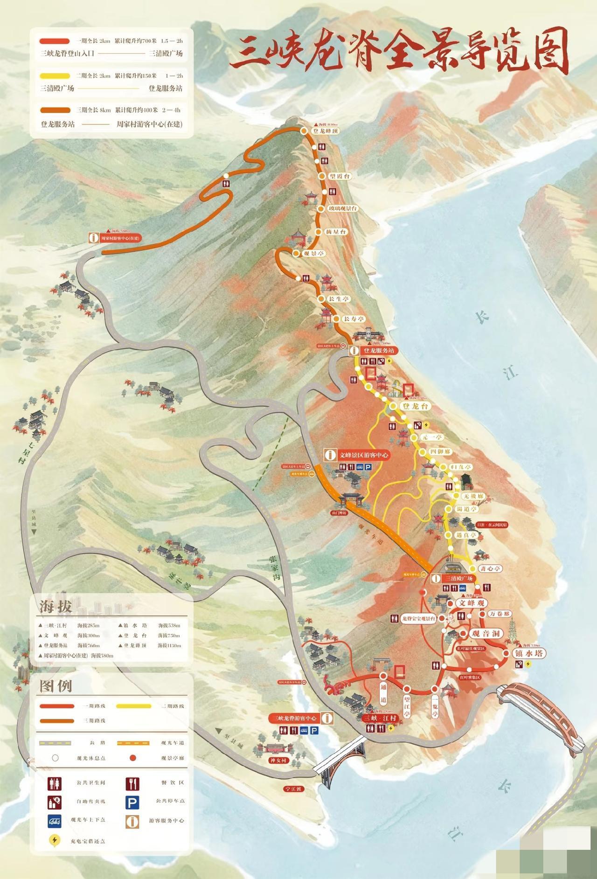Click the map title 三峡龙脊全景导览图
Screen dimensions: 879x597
click(399, 53)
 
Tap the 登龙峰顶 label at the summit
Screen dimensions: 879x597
click(326, 132)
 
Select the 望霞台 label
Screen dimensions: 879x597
click(340, 176)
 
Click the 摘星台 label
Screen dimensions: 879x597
click(336, 232)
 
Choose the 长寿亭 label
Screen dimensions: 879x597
click(353, 319)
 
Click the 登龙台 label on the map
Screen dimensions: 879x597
click(416, 406)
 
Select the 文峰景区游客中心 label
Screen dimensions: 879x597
click(364, 455)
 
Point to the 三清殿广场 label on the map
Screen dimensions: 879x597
click(458, 578)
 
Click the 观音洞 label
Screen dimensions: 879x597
click(486, 634)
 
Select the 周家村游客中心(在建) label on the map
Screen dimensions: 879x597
click(120, 238)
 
